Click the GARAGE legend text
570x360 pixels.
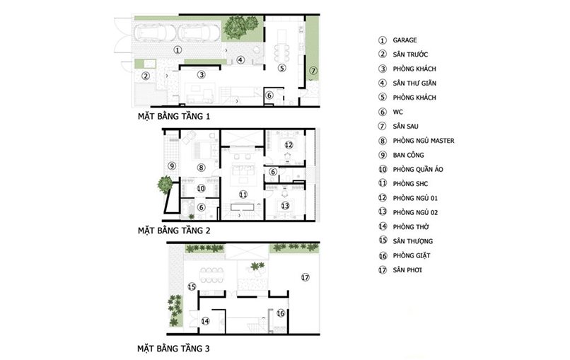pyautogui.click(x=405, y=40)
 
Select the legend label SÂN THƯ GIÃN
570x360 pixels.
pyautogui.click(x=414, y=83)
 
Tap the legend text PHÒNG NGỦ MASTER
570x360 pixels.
pyautogui.click(x=424, y=140)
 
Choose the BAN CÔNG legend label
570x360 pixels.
pyautogui.click(x=408, y=155)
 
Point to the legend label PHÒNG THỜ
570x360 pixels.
pyautogui.click(x=411, y=226)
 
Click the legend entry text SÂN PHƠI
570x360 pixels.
pyautogui.click(x=407, y=269)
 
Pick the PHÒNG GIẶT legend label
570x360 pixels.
pyautogui.click(x=412, y=255)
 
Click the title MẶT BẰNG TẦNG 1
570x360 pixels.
pyautogui.click(x=174, y=117)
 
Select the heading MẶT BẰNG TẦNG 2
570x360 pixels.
pyautogui.click(x=174, y=231)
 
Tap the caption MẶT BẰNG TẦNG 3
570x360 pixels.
pyautogui.click(x=173, y=349)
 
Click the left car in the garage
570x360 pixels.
pyautogui.click(x=155, y=33)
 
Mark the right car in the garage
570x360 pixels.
pyautogui.click(x=199, y=33)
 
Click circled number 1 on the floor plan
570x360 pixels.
pyautogui.click(x=178, y=50)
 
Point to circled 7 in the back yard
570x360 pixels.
pyautogui.click(x=313, y=71)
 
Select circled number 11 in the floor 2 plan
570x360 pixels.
pyautogui.click(x=243, y=194)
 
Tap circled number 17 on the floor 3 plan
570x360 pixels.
pyautogui.click(x=305, y=277)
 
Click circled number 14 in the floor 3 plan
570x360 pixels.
pyautogui.click(x=205, y=321)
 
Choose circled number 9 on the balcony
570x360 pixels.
pyautogui.click(x=172, y=166)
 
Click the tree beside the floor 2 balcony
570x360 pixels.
pyautogui.click(x=165, y=185)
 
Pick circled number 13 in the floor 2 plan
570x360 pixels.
pyautogui.click(x=285, y=206)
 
